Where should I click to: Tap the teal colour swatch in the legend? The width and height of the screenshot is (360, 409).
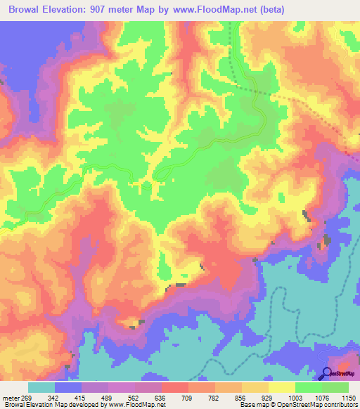41,387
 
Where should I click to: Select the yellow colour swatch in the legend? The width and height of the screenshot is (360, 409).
282,387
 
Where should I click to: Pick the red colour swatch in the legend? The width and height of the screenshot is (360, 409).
175,387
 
